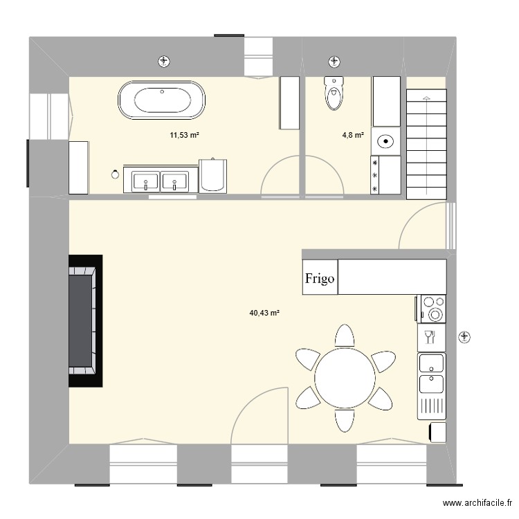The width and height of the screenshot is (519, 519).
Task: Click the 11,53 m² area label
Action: [x=184, y=135]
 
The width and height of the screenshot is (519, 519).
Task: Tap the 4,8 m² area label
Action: [x=353, y=135]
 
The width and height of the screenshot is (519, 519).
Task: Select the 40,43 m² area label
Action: [x=264, y=313]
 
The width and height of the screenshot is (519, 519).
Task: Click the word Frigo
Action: [x=320, y=278]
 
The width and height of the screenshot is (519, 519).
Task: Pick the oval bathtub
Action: [x=162, y=100]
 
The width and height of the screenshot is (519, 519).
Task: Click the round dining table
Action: [x=345, y=378]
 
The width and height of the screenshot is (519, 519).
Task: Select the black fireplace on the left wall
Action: [x=85, y=320]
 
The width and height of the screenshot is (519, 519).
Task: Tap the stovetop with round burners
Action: [x=433, y=309]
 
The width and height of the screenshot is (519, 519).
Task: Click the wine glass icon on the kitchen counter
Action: [x=429, y=337]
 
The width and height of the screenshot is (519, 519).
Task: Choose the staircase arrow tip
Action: [x=427, y=97]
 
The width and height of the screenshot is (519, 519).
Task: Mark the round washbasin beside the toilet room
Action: [x=386, y=141]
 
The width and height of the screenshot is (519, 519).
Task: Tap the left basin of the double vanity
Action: [x=145, y=181]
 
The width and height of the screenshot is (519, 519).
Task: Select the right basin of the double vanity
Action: [x=174, y=181]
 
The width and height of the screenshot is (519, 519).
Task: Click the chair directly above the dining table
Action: [x=345, y=336]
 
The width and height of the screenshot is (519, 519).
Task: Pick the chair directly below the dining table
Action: [x=345, y=421]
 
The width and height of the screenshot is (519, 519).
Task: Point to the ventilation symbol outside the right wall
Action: [x=465, y=338]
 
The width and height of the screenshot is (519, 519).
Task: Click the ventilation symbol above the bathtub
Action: [x=164, y=62]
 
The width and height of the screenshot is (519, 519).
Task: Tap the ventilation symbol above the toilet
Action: [x=334, y=62]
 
